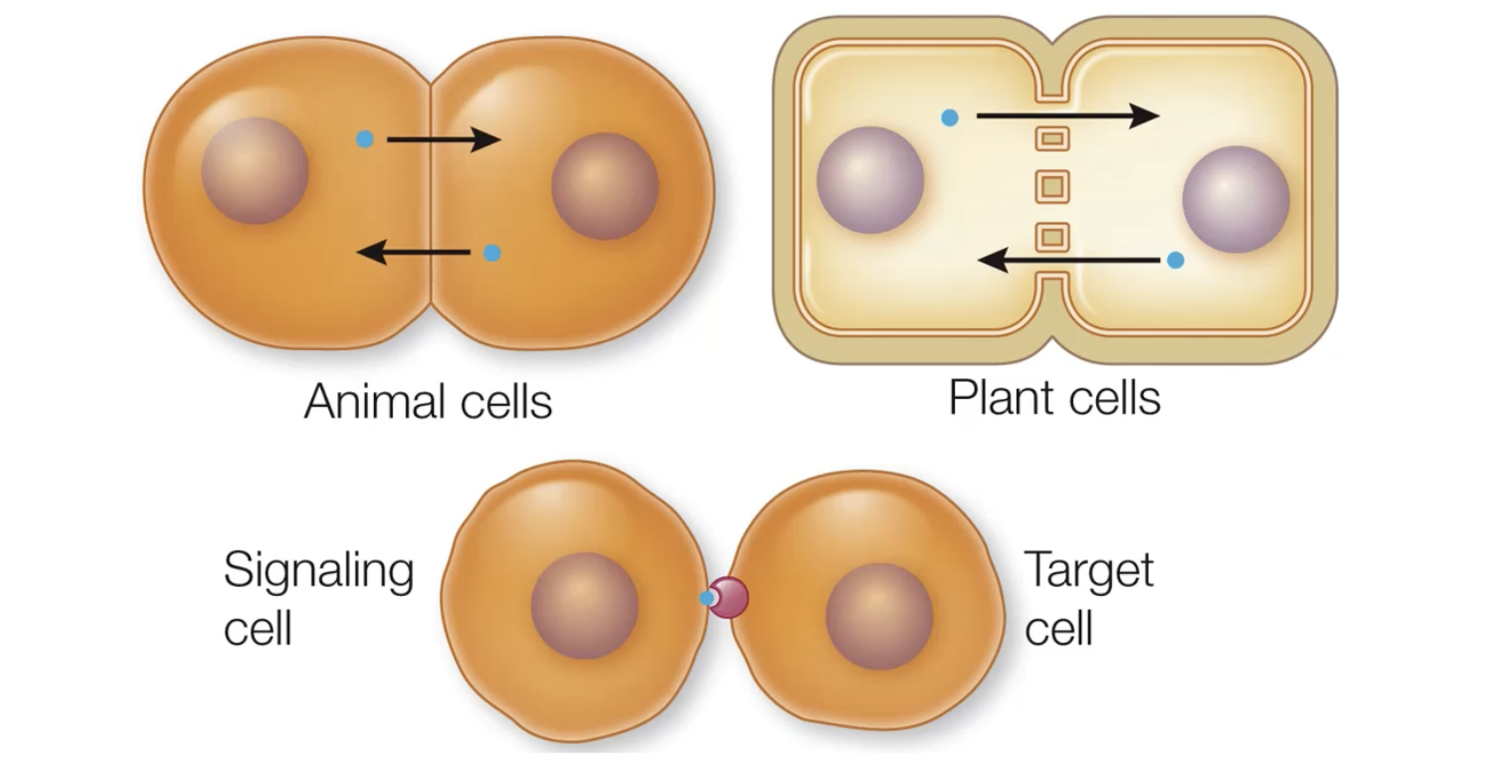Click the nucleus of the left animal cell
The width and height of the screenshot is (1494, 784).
point(255,171)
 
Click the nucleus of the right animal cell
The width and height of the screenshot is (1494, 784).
point(605,186)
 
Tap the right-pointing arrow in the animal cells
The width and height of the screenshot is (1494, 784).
point(443,139)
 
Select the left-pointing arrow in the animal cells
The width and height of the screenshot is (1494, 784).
point(413,253)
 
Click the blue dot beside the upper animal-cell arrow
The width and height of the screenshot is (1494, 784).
point(365,139)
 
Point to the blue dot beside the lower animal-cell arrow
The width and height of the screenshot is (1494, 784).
point(491,253)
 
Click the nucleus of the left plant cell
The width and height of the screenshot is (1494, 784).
point(870,180)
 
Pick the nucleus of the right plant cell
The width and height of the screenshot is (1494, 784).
point(1235,199)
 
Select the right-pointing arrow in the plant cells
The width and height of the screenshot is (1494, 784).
point(1067,116)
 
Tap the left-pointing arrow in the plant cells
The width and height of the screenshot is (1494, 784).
point(1069,261)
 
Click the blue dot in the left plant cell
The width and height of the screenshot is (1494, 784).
point(950,117)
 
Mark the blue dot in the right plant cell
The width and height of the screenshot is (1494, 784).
point(1176,260)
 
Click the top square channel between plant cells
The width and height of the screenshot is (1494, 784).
point(1052,138)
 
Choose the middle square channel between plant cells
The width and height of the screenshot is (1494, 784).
point(1052,186)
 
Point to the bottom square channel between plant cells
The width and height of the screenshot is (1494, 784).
point(1052,237)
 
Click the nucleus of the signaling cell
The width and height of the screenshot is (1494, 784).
point(584,605)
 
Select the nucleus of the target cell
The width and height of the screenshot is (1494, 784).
point(878,616)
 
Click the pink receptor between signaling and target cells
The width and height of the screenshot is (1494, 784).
point(729,598)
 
